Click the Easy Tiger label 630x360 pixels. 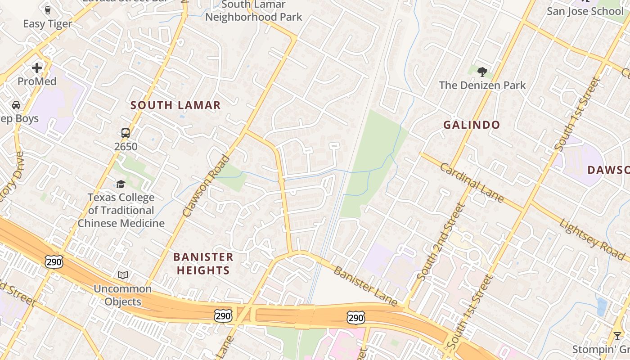coord(47,24)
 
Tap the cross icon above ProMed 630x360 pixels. coord(37,68)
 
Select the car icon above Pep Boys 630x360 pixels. coord(16,105)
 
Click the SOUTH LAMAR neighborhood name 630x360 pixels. coord(175,105)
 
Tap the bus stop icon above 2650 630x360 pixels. coord(126,133)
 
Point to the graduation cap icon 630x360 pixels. coord(121,184)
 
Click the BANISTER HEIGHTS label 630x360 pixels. coord(203,264)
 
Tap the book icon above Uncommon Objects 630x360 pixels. coord(122,275)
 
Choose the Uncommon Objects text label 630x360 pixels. coord(122,295)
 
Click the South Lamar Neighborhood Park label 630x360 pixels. coord(254,11)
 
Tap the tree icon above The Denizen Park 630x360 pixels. coord(482,72)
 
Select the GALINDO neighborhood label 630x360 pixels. coord(472,125)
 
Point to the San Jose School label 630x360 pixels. coord(585,11)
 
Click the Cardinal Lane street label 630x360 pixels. coord(472,183)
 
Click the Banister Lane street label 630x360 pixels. coord(366,286)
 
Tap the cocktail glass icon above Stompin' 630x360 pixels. coord(617,336)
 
